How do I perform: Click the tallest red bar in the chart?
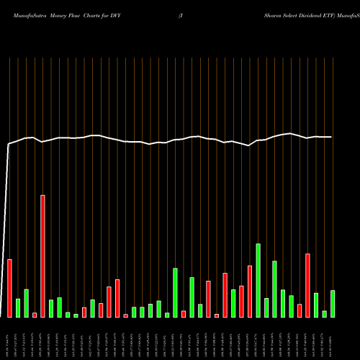[42, 256]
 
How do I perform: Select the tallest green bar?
[258, 280]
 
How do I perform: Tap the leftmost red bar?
[9, 288]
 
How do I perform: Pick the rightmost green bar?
[333, 303]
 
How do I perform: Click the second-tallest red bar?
[307, 285]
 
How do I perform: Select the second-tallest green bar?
[274, 289]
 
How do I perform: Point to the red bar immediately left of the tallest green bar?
[250, 291]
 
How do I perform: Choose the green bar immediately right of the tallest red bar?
[51, 308]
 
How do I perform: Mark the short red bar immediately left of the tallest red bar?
[35, 315]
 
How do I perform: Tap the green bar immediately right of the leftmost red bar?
[18, 307]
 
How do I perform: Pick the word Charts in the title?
[99, 14]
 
